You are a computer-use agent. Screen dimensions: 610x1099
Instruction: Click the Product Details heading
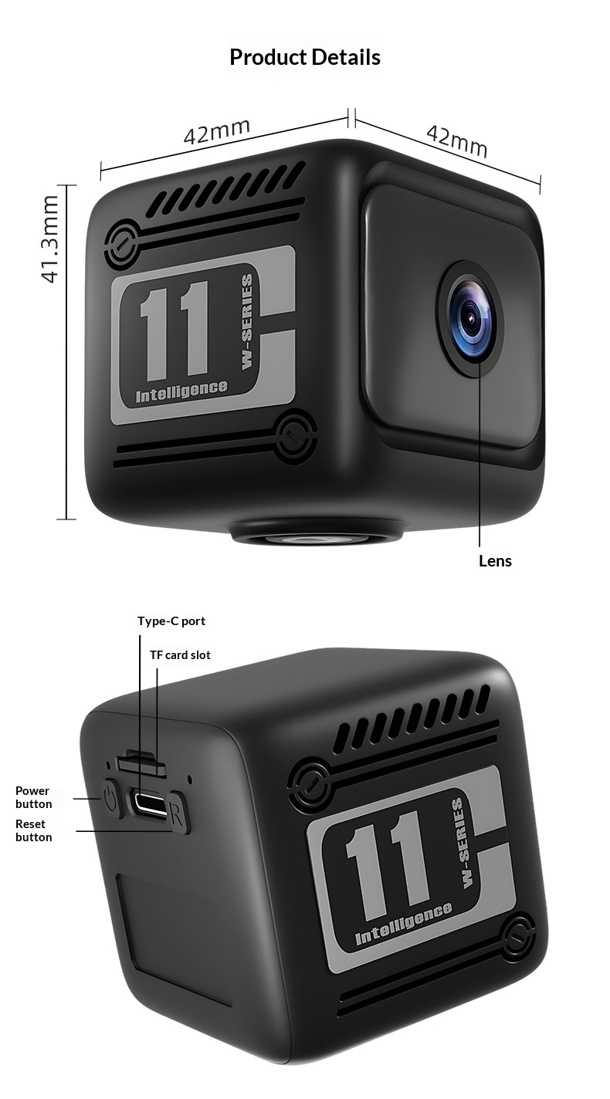click(305, 57)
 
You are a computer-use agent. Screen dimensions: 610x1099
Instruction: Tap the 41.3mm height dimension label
click(49, 239)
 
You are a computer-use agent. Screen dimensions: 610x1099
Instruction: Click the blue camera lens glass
click(470, 319)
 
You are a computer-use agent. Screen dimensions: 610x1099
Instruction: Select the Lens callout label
click(495, 561)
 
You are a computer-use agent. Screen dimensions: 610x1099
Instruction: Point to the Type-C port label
click(171, 621)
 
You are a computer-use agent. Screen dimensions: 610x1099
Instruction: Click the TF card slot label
click(180, 655)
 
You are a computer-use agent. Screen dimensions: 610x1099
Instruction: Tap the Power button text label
click(33, 797)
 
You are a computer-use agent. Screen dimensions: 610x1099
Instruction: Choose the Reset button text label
click(33, 830)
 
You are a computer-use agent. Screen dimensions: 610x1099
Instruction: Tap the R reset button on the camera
click(178, 813)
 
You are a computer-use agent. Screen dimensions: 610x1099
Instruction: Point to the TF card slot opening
click(141, 763)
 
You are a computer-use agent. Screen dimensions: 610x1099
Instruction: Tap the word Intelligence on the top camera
click(181, 391)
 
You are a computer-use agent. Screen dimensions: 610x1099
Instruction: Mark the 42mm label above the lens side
click(456, 140)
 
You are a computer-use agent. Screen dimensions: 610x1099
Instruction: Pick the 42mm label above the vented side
click(217, 131)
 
